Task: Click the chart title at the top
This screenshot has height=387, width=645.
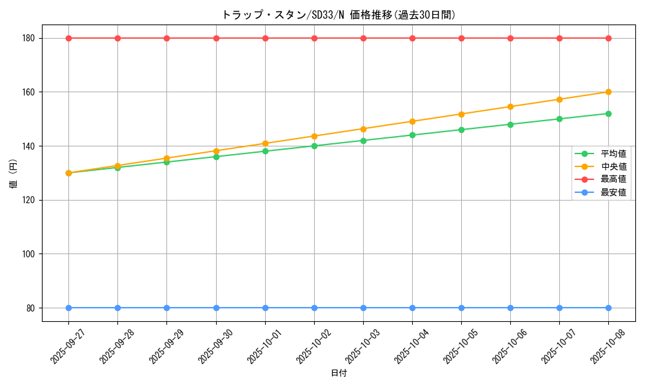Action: pos(339,15)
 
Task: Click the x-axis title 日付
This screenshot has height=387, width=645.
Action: pos(339,373)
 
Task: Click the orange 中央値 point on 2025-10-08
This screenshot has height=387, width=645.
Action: pos(608,92)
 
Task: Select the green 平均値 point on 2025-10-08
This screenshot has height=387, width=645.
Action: pos(608,114)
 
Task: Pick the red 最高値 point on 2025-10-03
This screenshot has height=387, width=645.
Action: pos(363,38)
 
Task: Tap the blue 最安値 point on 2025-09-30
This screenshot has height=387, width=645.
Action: pos(216,308)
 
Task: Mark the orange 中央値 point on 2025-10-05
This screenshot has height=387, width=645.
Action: pos(461,114)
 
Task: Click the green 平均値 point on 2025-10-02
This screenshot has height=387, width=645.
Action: pos(314,146)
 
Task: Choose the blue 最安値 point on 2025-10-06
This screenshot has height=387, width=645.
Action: pos(510,308)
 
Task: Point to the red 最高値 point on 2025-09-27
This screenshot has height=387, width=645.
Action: pos(68,38)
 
